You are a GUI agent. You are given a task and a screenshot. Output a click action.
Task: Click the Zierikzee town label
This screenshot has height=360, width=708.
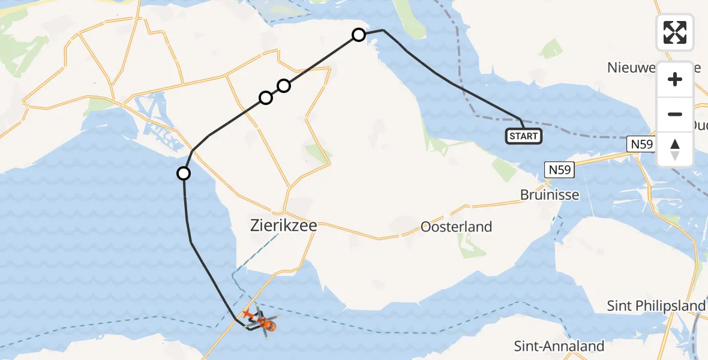point(283,227)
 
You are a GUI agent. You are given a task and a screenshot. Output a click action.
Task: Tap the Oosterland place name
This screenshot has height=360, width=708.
point(456,227)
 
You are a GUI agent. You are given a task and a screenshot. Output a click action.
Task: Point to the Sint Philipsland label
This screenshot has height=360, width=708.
point(656,306)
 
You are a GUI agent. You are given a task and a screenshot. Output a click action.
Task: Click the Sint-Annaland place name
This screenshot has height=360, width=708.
point(559,346)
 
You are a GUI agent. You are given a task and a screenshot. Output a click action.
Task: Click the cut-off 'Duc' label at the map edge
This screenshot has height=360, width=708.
point(699,125)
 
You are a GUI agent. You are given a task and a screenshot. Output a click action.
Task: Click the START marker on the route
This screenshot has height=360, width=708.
point(523,136)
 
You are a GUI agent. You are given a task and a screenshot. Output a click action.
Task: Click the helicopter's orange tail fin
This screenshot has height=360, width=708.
point(246,313)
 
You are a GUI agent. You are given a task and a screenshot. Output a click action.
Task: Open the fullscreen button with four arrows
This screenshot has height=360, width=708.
point(675,32)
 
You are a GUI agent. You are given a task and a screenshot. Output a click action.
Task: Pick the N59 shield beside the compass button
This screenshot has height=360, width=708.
point(641,144)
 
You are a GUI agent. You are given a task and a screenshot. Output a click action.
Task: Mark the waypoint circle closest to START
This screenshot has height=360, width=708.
point(358,35)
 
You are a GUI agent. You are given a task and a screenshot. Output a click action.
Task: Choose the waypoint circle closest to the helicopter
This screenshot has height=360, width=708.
point(184,173)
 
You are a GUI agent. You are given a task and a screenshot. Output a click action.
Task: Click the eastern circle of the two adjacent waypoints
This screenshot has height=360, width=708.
point(284,86)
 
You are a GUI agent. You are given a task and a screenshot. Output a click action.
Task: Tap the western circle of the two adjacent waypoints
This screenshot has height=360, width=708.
point(265,97)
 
